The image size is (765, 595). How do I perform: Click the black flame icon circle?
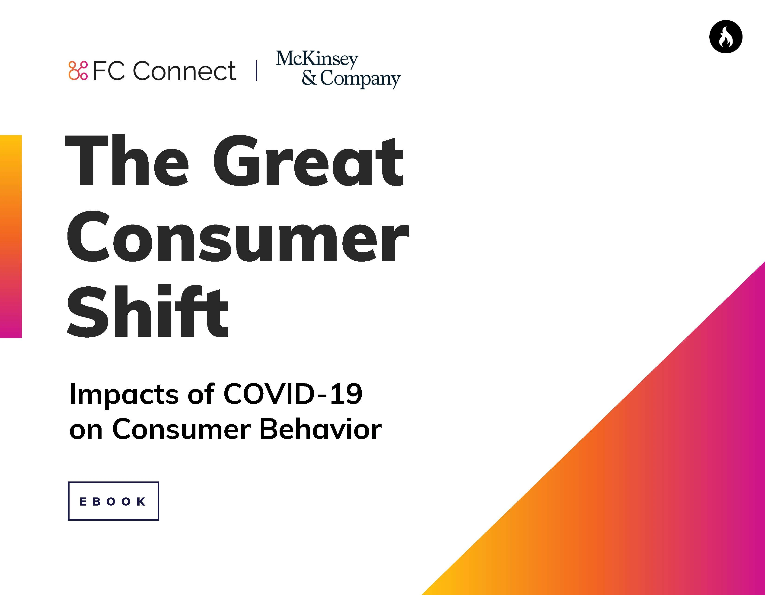726,37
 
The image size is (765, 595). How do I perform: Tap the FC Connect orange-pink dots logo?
78,71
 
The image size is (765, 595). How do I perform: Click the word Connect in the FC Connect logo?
185,71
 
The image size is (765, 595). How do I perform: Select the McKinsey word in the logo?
317,60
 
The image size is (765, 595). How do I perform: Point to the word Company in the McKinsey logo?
360,79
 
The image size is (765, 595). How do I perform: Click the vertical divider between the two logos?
257,71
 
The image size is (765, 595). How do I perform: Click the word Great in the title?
308,161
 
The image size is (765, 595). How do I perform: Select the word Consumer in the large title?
237,237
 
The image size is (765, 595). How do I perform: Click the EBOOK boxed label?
113,501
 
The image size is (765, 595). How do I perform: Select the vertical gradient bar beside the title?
11,236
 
